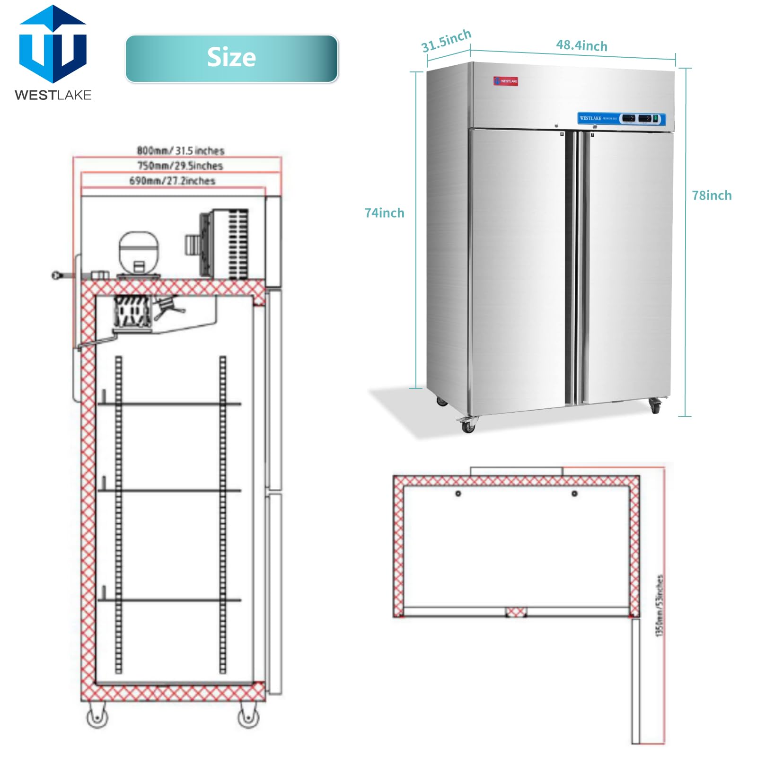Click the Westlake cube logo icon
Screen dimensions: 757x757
[x=53, y=45]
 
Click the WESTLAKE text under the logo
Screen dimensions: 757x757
[x=53, y=95]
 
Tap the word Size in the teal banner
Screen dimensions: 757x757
[x=231, y=57]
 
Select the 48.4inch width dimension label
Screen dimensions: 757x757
[x=581, y=45]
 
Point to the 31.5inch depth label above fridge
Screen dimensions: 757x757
[x=446, y=41]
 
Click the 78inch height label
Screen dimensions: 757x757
[x=711, y=195]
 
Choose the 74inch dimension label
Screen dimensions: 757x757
[x=384, y=213]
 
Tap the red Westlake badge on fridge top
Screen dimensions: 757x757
[x=505, y=81]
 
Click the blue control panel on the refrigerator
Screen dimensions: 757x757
[x=621, y=118]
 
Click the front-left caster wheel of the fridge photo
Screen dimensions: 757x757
[x=467, y=425]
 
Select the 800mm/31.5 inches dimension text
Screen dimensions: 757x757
[x=180, y=150]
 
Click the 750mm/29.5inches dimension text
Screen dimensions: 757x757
[x=180, y=166]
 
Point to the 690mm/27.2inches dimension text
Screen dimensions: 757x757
[x=172, y=181]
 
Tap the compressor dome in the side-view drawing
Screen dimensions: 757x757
[x=138, y=251]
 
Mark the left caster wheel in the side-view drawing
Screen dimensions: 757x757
[x=97, y=717]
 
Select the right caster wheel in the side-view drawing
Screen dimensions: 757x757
[x=248, y=717]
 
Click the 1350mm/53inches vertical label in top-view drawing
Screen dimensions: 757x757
[x=659, y=605]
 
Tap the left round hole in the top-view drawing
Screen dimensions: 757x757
[x=458, y=493]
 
